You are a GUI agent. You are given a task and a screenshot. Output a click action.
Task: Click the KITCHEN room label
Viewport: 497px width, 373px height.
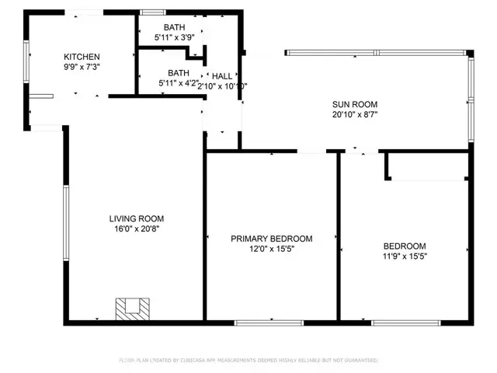click(82, 57)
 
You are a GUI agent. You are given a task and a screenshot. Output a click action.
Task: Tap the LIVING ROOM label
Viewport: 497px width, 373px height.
click(137, 219)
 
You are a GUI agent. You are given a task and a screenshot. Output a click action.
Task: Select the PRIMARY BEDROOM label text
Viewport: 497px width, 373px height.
click(272, 239)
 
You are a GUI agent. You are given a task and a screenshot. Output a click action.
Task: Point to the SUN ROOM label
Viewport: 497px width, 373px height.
click(355, 104)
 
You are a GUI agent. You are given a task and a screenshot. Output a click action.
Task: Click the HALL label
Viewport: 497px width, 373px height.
click(222, 76)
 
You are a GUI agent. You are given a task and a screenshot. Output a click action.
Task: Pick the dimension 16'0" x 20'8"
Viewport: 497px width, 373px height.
click(137, 228)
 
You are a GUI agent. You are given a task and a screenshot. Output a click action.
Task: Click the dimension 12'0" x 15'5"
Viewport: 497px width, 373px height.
click(272, 249)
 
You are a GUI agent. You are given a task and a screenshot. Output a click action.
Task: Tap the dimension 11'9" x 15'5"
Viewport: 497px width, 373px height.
click(405, 256)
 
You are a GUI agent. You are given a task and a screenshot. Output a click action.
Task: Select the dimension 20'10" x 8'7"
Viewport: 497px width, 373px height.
click(355, 114)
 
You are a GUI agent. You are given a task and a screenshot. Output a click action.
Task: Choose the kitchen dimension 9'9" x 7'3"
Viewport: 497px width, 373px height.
click(82, 67)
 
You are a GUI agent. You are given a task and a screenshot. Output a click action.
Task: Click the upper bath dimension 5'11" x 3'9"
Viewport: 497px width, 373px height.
click(175, 37)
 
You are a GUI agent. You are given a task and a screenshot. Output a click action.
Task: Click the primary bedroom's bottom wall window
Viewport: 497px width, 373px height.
click(259, 322)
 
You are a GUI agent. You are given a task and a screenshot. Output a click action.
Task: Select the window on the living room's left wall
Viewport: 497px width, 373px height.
click(64, 225)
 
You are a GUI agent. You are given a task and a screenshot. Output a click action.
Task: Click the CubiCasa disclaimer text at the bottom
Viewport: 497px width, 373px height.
click(248, 361)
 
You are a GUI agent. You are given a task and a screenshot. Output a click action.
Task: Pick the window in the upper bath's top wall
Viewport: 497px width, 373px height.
click(153, 12)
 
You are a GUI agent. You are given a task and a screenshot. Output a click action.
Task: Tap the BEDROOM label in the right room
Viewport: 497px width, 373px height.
click(405, 246)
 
